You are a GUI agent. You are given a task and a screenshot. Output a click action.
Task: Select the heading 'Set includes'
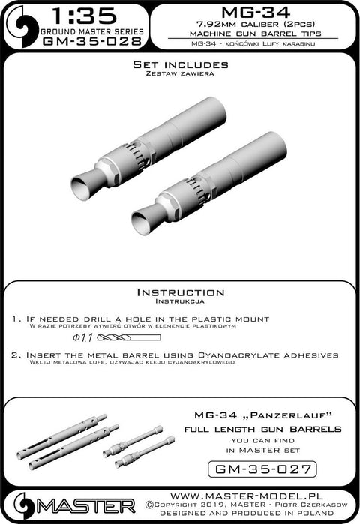click(179, 66)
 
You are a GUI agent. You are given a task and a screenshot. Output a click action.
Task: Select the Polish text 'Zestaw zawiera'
click(179, 76)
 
